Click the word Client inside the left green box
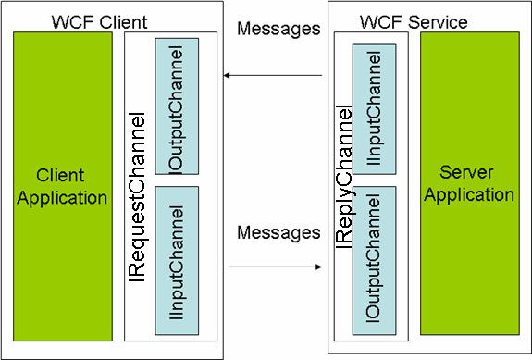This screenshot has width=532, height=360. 60,175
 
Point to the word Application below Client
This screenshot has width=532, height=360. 60,196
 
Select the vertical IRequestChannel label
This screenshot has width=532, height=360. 140,184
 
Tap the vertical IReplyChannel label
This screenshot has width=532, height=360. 343,177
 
